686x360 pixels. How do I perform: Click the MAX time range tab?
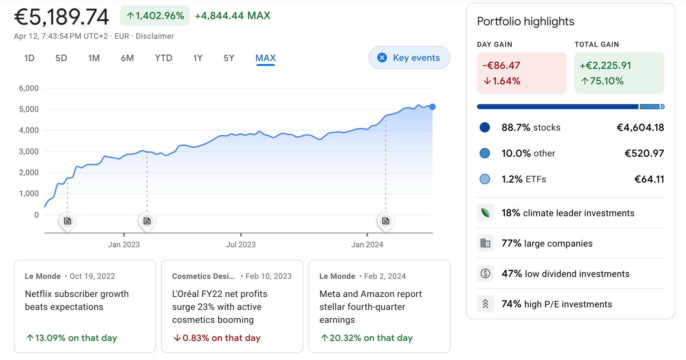click(x=265, y=58)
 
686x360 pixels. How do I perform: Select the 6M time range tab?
click(x=127, y=58)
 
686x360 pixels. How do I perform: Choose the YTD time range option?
click(x=163, y=58)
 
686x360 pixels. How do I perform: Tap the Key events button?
click(x=409, y=58)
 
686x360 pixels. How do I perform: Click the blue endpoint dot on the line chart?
click(x=432, y=107)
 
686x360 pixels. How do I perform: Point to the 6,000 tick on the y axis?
click(x=29, y=88)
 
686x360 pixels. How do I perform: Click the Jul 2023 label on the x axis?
click(x=241, y=245)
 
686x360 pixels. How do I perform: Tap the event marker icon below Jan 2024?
click(x=386, y=221)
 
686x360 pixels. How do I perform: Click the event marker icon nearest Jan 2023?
click(x=147, y=221)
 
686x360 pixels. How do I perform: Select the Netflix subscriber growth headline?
click(x=77, y=300)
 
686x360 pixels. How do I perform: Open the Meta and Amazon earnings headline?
click(x=370, y=307)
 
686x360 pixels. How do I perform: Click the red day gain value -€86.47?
click(x=501, y=66)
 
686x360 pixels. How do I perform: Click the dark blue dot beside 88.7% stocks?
click(x=484, y=127)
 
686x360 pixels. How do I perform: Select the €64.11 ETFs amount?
click(x=649, y=179)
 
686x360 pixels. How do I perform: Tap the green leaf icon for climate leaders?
click(x=485, y=213)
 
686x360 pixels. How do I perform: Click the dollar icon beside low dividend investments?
click(x=485, y=274)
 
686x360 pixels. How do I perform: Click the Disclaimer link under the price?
click(x=155, y=36)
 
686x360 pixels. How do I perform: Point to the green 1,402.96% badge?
click(x=155, y=16)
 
